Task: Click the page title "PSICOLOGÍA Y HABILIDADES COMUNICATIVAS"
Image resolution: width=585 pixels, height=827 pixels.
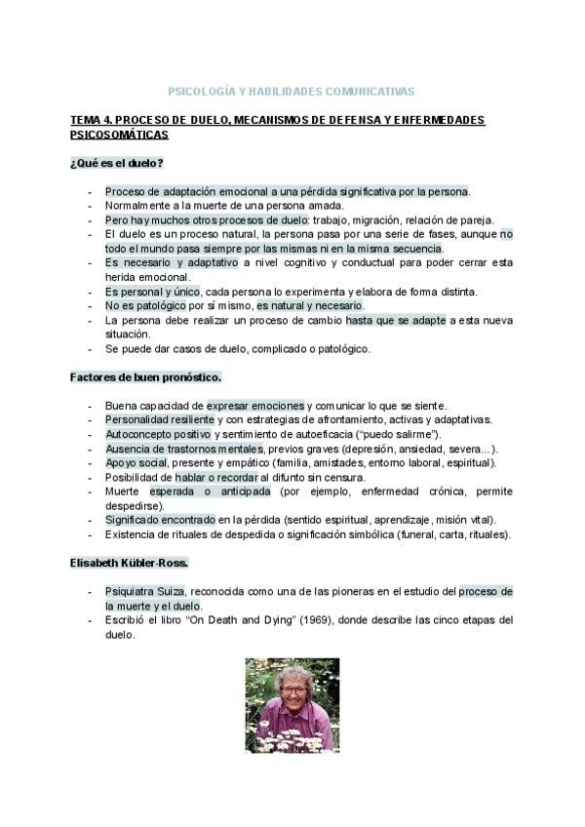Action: [x=292, y=91]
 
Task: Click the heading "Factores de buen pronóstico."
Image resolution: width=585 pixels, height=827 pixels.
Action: [x=145, y=376]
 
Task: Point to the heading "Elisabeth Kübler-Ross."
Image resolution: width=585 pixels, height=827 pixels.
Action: [x=129, y=564]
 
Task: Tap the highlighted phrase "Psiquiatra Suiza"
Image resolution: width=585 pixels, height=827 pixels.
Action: [x=144, y=592]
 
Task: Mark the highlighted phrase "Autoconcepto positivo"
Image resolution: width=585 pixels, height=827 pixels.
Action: [x=158, y=434]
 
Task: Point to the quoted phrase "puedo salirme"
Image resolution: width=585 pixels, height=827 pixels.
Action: [x=401, y=434]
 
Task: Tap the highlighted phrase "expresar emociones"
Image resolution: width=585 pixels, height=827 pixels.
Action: [x=255, y=406]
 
